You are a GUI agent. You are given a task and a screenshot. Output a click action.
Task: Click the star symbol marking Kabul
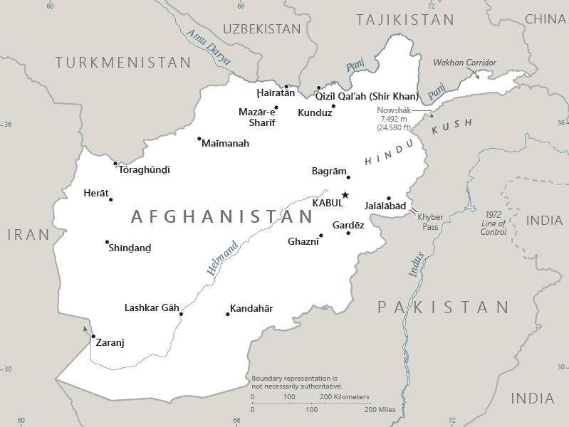tap(345, 195)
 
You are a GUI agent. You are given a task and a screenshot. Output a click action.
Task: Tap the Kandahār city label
tap(251, 308)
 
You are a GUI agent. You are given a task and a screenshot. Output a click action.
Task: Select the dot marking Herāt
tap(110, 199)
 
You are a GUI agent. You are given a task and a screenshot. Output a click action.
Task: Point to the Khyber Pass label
tap(430, 221)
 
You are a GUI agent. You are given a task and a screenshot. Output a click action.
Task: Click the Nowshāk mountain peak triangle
tap(431, 115)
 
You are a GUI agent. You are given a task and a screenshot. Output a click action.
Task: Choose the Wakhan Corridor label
tap(464, 63)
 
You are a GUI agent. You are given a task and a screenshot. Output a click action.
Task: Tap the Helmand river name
tap(222, 258)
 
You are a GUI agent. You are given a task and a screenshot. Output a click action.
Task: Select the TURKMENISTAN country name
tap(123, 63)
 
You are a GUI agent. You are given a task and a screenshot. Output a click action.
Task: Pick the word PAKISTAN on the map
tap(443, 307)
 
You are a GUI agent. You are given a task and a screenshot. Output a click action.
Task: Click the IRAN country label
tap(28, 234)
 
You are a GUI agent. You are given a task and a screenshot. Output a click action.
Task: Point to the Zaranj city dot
tap(93, 337)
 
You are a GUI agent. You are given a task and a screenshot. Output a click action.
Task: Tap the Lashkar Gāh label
tap(152, 307)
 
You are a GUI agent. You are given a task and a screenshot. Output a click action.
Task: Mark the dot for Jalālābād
tap(389, 199)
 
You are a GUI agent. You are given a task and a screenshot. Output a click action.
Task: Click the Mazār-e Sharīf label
tap(257, 117)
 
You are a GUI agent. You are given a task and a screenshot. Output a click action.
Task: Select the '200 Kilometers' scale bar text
tap(345, 396)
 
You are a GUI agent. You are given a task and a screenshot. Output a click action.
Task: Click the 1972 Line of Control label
tap(494, 223)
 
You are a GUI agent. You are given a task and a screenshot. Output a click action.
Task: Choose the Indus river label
tap(417, 265)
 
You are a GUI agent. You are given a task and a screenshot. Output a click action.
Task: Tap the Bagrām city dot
tap(348, 176)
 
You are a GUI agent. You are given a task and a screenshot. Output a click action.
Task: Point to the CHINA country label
tap(545, 19)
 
